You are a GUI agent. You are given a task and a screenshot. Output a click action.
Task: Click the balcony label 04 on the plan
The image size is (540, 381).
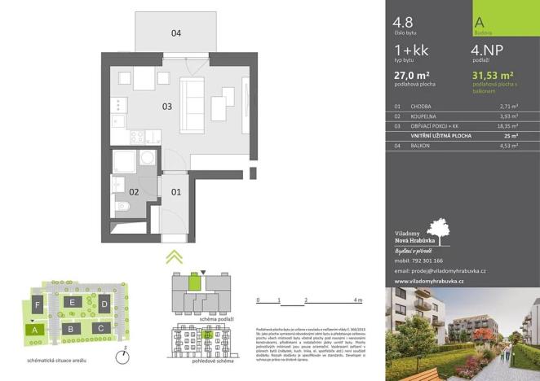tap(175, 33)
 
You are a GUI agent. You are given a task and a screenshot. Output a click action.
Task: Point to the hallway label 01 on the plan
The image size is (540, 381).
tap(175, 192)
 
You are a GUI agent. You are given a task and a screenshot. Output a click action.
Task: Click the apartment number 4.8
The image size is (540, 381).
tap(402, 23)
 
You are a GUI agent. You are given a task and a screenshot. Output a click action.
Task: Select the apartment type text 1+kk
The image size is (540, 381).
tap(410, 52)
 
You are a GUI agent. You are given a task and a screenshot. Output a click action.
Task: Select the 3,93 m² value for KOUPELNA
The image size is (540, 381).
tap(510, 116)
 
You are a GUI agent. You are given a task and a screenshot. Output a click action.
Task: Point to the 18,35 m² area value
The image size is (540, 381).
tap(509, 127)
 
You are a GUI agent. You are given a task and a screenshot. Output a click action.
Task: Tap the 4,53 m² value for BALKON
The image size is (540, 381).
tap(510, 147)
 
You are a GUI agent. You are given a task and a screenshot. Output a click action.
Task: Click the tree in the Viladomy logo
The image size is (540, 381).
tap(437, 230)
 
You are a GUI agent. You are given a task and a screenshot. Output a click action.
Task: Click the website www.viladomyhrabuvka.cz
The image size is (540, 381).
tap(429, 281)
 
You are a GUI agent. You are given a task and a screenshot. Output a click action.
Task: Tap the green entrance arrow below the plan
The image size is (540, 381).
tap(172, 258)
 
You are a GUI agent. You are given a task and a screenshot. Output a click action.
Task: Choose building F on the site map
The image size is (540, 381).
tap(38, 306)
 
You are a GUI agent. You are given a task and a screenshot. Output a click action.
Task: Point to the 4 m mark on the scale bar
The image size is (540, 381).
tap(358, 301)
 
